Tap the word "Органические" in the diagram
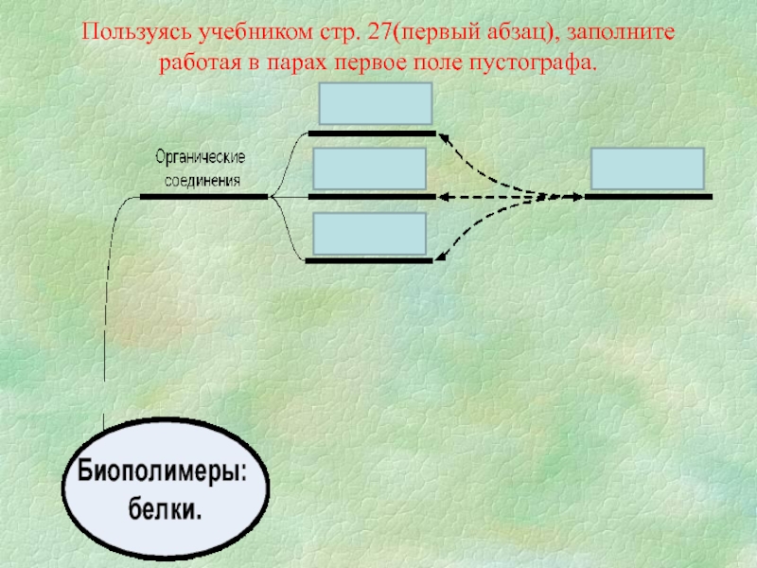[x=202, y=156]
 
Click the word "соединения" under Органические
[x=202, y=179]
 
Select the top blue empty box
[x=376, y=104]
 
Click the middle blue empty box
[x=370, y=169]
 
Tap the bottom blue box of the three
[x=370, y=234]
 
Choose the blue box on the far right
[x=647, y=169]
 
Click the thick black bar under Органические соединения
[x=204, y=197]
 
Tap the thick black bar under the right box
[x=648, y=197]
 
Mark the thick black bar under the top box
[x=372, y=134]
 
